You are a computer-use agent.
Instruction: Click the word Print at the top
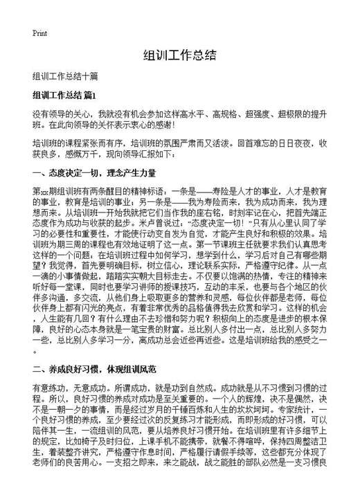tap(39, 33)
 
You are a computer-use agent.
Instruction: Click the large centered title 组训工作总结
tap(179, 56)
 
